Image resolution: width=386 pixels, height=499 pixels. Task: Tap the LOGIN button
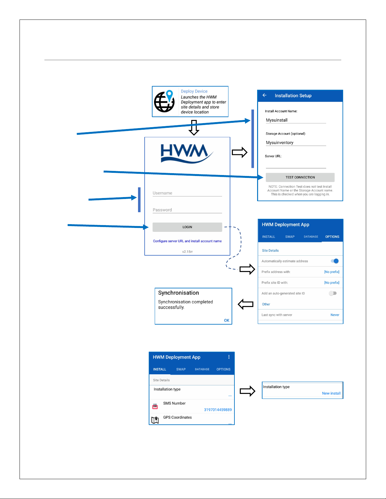(187, 227)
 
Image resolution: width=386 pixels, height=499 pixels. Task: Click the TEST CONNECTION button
(300, 177)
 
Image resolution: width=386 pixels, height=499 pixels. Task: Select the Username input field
(187, 193)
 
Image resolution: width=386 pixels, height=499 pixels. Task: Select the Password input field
(187, 210)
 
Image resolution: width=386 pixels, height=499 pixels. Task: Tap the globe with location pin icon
(164, 101)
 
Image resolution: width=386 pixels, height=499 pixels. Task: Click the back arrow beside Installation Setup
(265, 95)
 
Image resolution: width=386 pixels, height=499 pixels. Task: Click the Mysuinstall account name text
(277, 120)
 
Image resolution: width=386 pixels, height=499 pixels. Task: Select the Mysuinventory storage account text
(279, 143)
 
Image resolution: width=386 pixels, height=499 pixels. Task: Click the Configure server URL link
(187, 241)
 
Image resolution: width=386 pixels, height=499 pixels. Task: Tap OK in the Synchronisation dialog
(227, 320)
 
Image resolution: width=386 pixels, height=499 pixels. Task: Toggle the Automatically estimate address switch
(335, 261)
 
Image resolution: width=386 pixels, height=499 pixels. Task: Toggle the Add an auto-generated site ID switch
(333, 293)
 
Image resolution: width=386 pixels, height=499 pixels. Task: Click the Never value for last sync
(335, 315)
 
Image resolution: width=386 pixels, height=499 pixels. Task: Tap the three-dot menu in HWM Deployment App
(229, 357)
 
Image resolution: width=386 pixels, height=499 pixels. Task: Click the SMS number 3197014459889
(218, 410)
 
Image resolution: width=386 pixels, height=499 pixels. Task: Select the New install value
(331, 393)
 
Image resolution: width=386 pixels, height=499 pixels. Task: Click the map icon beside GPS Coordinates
(155, 420)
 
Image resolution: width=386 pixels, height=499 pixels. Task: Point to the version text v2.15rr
(187, 252)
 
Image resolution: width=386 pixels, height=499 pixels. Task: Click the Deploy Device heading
(194, 91)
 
